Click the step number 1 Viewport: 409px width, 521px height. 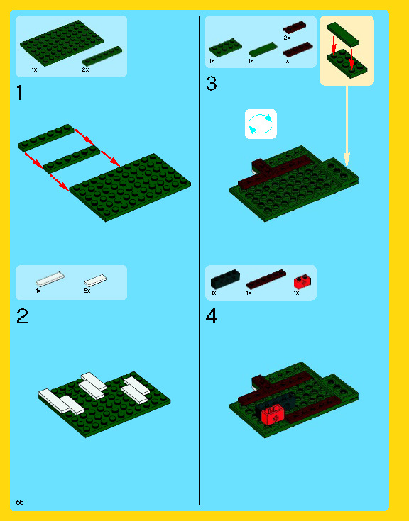[x=20, y=93]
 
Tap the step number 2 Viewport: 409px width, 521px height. [x=22, y=316]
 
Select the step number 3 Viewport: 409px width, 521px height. [x=212, y=84]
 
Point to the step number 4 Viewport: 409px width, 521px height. [x=212, y=316]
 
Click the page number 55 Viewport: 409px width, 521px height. [x=20, y=502]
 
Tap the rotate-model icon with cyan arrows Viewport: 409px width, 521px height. [x=261, y=124]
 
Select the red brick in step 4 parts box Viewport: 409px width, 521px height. [x=302, y=281]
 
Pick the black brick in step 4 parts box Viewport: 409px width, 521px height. [x=225, y=279]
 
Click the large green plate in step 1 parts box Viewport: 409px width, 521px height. [x=62, y=43]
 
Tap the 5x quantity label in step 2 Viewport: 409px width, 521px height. [x=87, y=291]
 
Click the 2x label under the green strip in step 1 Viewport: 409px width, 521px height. [x=85, y=69]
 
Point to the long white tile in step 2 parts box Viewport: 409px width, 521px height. [x=50, y=279]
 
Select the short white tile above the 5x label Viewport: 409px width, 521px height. [x=96, y=281]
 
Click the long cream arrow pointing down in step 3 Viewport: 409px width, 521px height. [x=347, y=126]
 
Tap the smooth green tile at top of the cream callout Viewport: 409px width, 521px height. [x=343, y=34]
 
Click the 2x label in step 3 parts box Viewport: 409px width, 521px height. [x=287, y=38]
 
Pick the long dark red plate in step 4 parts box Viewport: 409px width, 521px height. [x=266, y=279]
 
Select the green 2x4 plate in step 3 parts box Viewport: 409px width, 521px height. [x=225, y=47]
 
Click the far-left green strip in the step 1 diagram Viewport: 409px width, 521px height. [x=46, y=138]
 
